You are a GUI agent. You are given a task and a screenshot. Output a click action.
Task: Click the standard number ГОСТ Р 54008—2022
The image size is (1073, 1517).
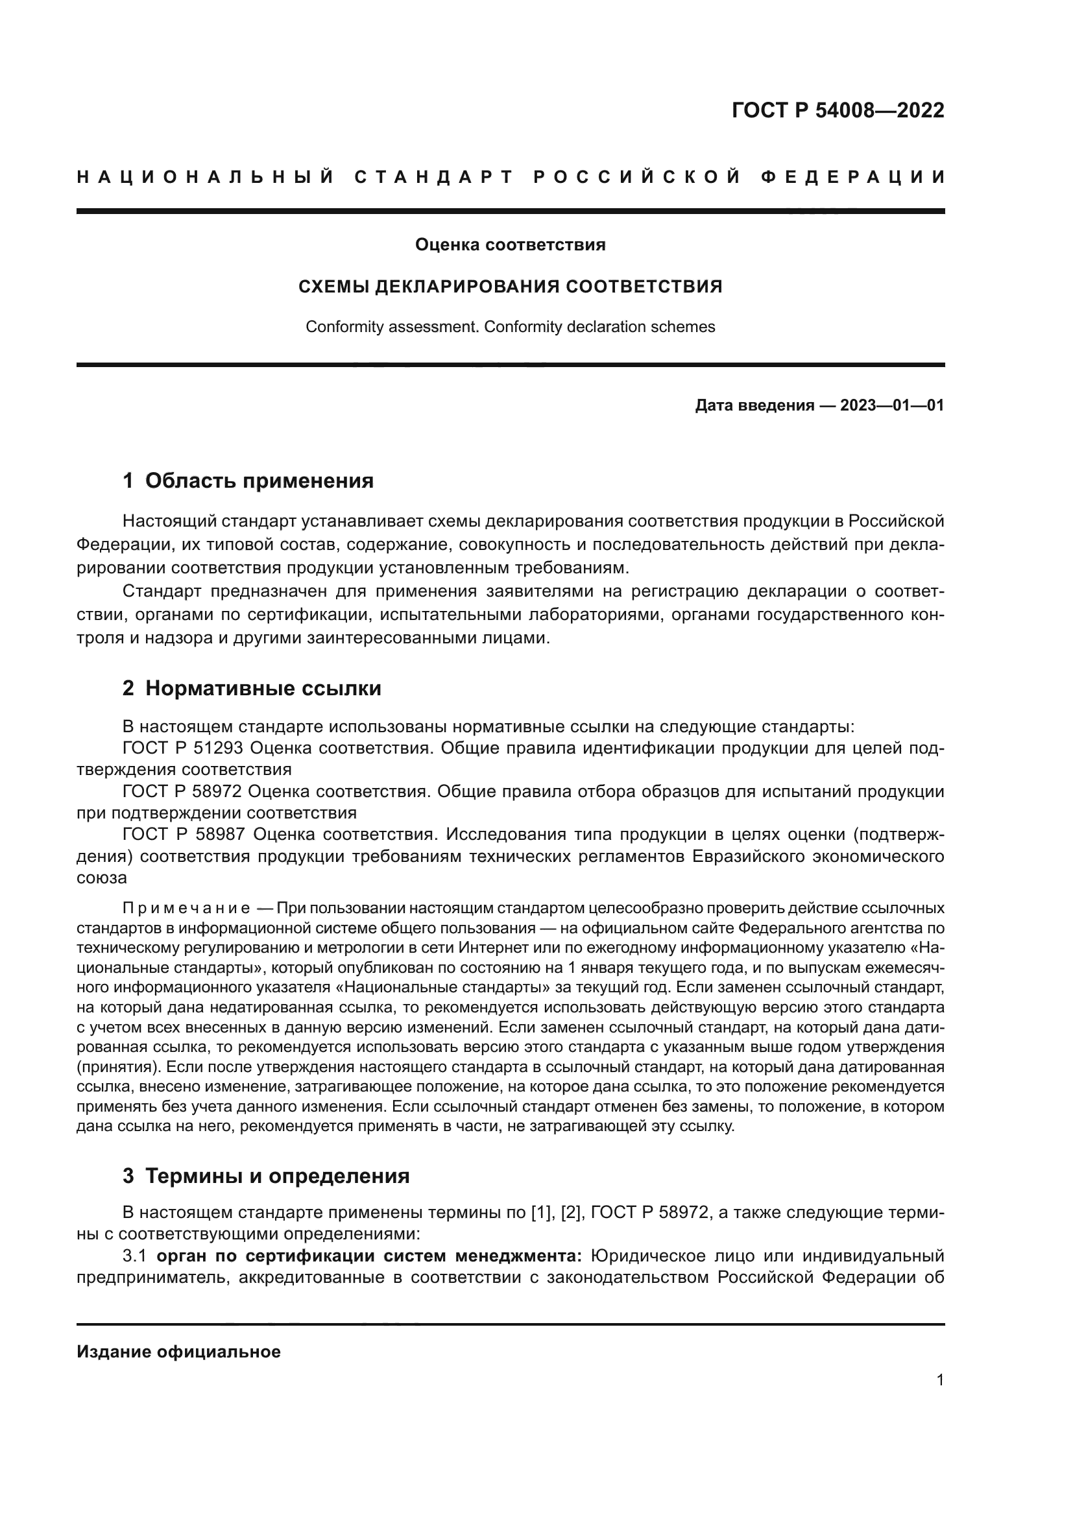837,110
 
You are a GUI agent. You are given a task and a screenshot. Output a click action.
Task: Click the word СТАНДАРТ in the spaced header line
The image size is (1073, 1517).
434,177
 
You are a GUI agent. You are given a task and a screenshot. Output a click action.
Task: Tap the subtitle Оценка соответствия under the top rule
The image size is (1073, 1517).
510,245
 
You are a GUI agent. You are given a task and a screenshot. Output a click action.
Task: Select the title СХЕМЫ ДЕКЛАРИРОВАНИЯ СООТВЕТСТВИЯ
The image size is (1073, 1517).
510,287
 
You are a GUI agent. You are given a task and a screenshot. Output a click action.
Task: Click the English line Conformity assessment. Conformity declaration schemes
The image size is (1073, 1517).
510,327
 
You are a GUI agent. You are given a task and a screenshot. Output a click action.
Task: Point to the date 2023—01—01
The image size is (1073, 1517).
892,405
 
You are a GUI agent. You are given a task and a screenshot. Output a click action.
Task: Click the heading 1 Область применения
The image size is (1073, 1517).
248,481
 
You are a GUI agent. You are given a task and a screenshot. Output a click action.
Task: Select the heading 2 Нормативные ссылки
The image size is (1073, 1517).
252,689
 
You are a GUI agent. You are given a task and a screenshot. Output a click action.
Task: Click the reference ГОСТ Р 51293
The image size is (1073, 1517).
183,748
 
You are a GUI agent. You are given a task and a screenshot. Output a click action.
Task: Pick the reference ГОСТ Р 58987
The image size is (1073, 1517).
183,835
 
